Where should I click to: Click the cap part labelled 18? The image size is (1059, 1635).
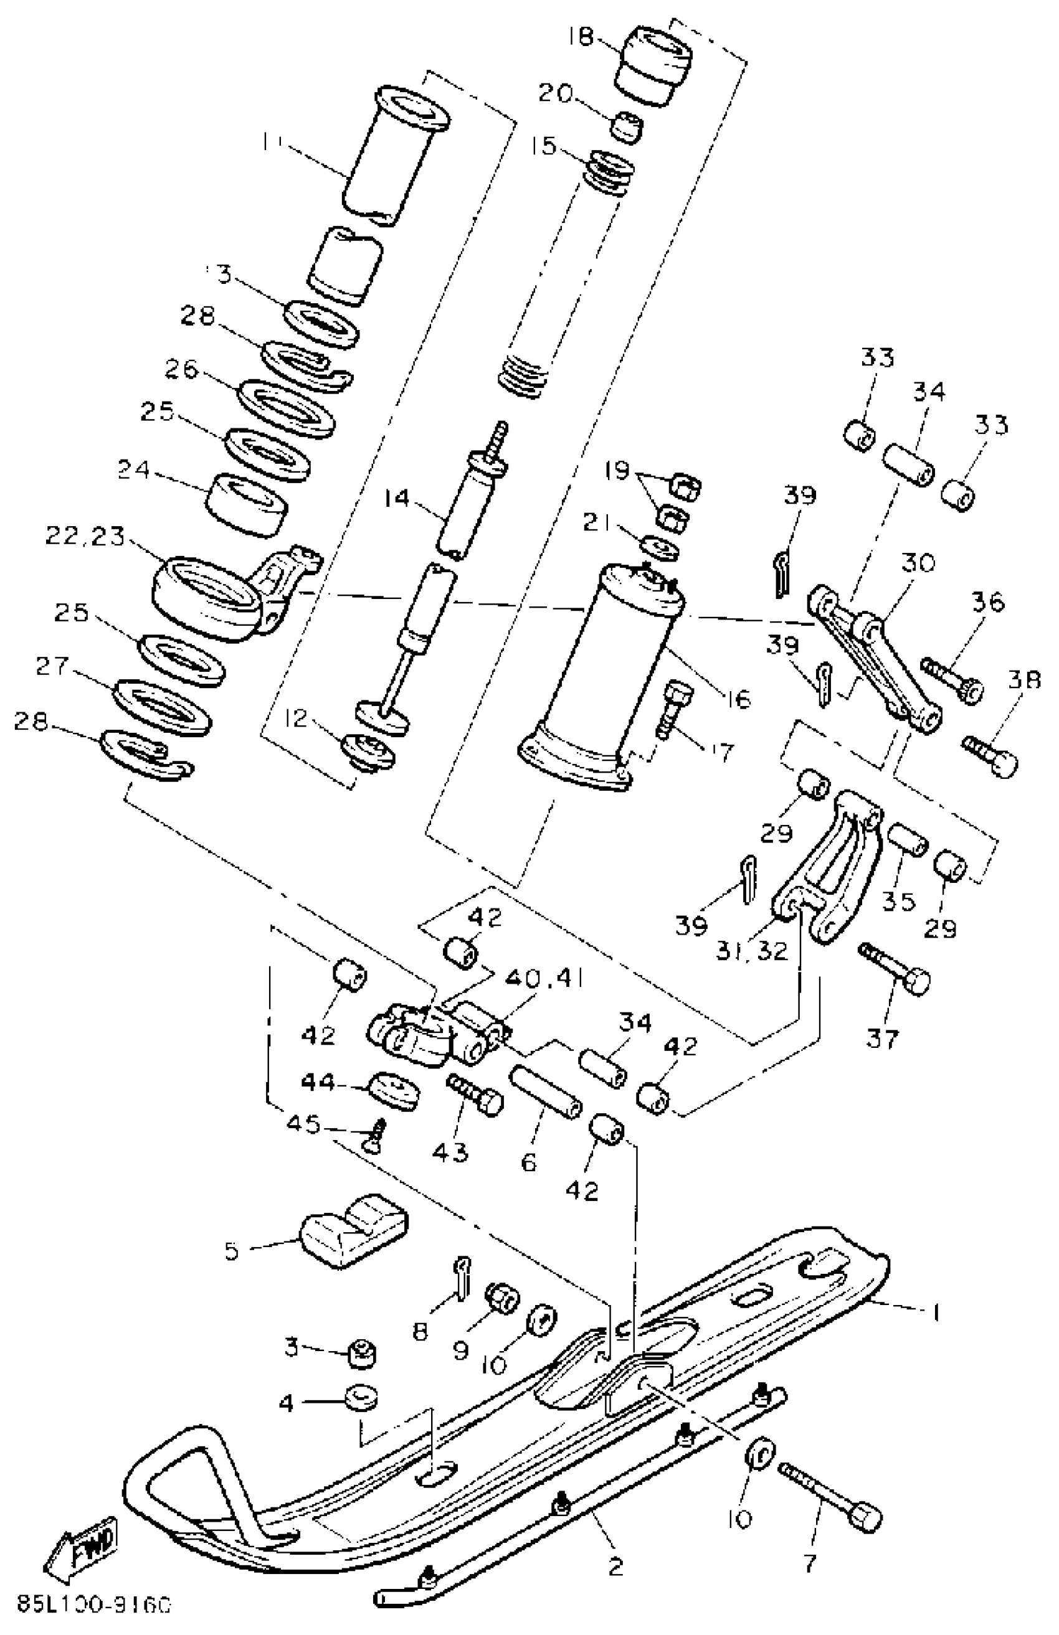coord(655,65)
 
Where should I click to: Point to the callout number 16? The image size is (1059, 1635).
coord(738,699)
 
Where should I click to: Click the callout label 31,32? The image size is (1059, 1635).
coord(752,950)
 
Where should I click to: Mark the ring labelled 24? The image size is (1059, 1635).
coord(247,503)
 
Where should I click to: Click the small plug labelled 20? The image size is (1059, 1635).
coord(627,126)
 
